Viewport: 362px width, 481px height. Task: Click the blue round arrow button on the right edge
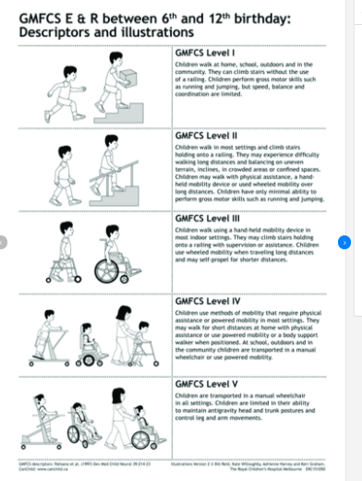(x=344, y=242)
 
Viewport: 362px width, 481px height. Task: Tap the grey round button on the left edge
(x=4, y=242)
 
